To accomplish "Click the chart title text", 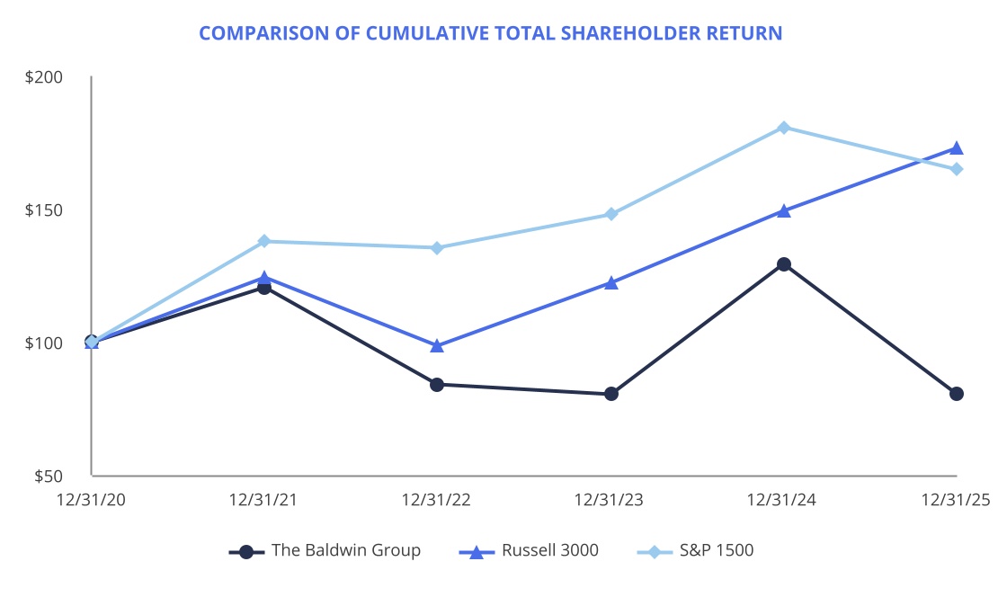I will click(490, 33).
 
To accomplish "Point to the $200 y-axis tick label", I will click(44, 77).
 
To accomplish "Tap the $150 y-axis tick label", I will click(44, 210).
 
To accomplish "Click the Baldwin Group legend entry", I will click(325, 550).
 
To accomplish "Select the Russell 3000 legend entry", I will click(529, 550).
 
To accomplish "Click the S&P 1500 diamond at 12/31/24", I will click(784, 128).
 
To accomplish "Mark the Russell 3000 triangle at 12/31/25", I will click(957, 148).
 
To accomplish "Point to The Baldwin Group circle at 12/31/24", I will click(784, 264).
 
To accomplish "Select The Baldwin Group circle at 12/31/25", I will click(957, 394).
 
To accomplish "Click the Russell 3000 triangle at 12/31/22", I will click(437, 346).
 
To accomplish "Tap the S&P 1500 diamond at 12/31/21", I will click(264, 241).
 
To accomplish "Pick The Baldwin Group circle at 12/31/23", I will click(611, 394).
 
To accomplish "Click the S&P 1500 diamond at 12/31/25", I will click(957, 169).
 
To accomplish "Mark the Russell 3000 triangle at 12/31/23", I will click(611, 283).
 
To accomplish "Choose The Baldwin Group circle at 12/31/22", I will click(437, 385).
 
